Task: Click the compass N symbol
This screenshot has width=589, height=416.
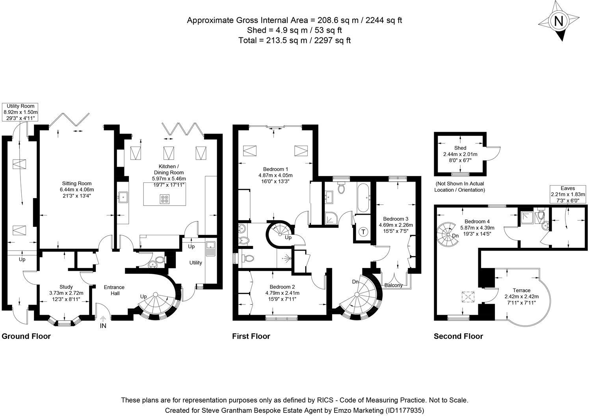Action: [x=558, y=21]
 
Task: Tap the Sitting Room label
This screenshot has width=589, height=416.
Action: [x=77, y=183]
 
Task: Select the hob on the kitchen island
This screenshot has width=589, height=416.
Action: [x=165, y=199]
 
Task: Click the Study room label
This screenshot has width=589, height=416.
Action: [x=66, y=287]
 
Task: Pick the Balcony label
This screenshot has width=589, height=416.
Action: [x=394, y=285]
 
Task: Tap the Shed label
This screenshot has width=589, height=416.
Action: [x=460, y=148]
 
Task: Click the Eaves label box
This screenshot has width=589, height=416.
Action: [x=568, y=194]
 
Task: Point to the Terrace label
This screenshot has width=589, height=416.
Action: [x=522, y=290]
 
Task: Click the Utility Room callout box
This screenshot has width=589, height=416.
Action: [x=20, y=112]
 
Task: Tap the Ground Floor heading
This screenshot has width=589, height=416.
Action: [x=26, y=336]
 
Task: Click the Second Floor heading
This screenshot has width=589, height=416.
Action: [x=458, y=336]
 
